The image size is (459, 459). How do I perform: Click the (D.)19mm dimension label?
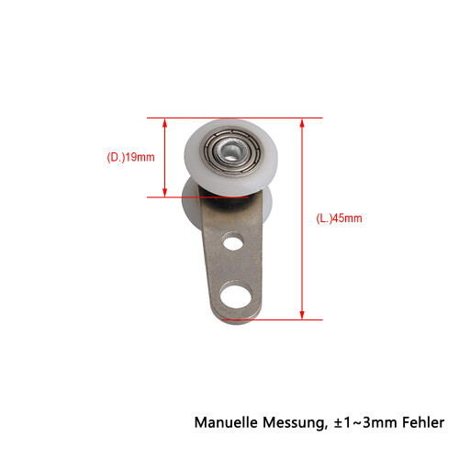(x=130, y=157)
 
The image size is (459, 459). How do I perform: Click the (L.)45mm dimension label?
(x=339, y=218)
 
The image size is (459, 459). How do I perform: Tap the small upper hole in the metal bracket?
(x=233, y=241)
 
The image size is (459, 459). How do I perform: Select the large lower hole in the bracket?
(x=236, y=297)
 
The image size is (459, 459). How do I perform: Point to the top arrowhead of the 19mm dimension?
(x=164, y=123)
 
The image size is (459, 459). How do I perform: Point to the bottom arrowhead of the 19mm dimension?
(x=164, y=193)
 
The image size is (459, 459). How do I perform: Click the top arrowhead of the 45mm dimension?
(x=302, y=123)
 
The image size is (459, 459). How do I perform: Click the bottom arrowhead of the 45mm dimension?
(x=302, y=315)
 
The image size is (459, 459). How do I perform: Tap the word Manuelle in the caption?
(x=226, y=422)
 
